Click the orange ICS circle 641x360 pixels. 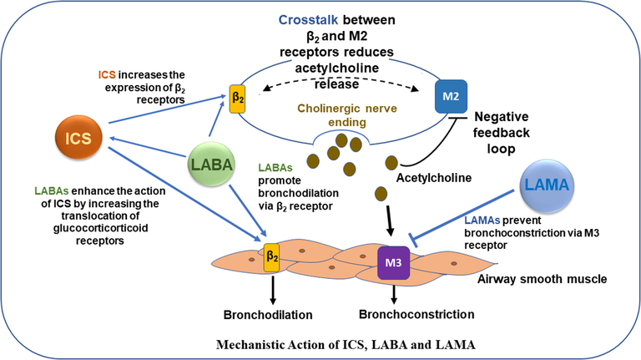click(x=81, y=135)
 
